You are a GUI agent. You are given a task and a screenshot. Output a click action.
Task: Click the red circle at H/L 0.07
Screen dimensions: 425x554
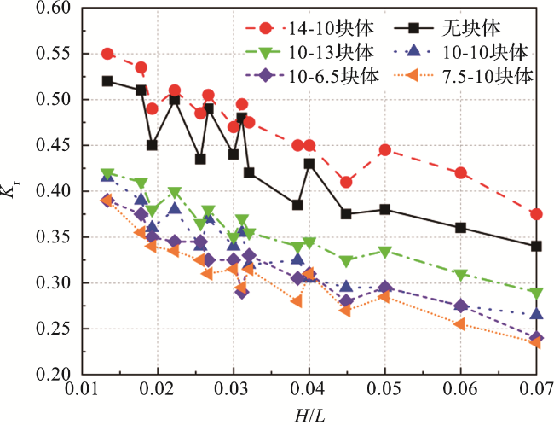(x=536, y=214)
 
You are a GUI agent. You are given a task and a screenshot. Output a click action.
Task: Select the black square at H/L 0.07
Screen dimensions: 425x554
(x=536, y=246)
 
